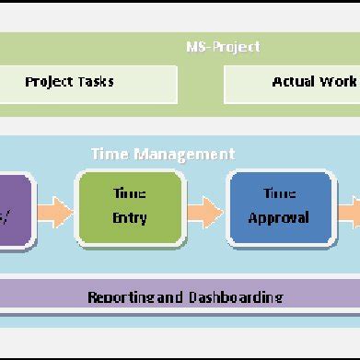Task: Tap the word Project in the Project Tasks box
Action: tap(50, 82)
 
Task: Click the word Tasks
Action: tap(96, 82)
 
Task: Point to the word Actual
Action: tap(294, 82)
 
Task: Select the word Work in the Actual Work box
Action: tap(338, 82)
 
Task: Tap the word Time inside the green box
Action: tap(129, 195)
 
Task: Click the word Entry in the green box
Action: tap(129, 218)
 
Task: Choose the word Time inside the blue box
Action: tap(279, 194)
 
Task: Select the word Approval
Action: tap(279, 218)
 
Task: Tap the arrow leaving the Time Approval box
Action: tap(349, 212)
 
